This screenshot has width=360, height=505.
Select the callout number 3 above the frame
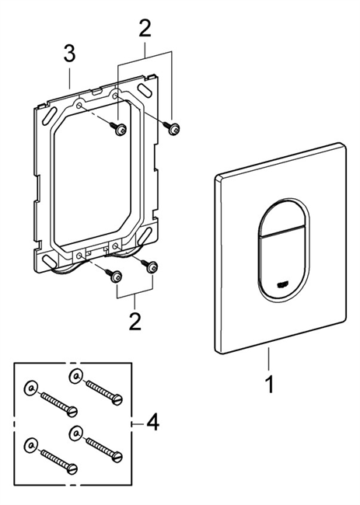(x=69, y=54)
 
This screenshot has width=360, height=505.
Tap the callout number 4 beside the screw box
(x=152, y=423)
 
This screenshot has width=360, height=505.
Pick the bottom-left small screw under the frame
(x=115, y=276)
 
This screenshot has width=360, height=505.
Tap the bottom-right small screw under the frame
(x=152, y=267)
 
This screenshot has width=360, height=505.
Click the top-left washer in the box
(x=29, y=386)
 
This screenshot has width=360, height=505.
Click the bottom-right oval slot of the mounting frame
(x=149, y=233)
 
